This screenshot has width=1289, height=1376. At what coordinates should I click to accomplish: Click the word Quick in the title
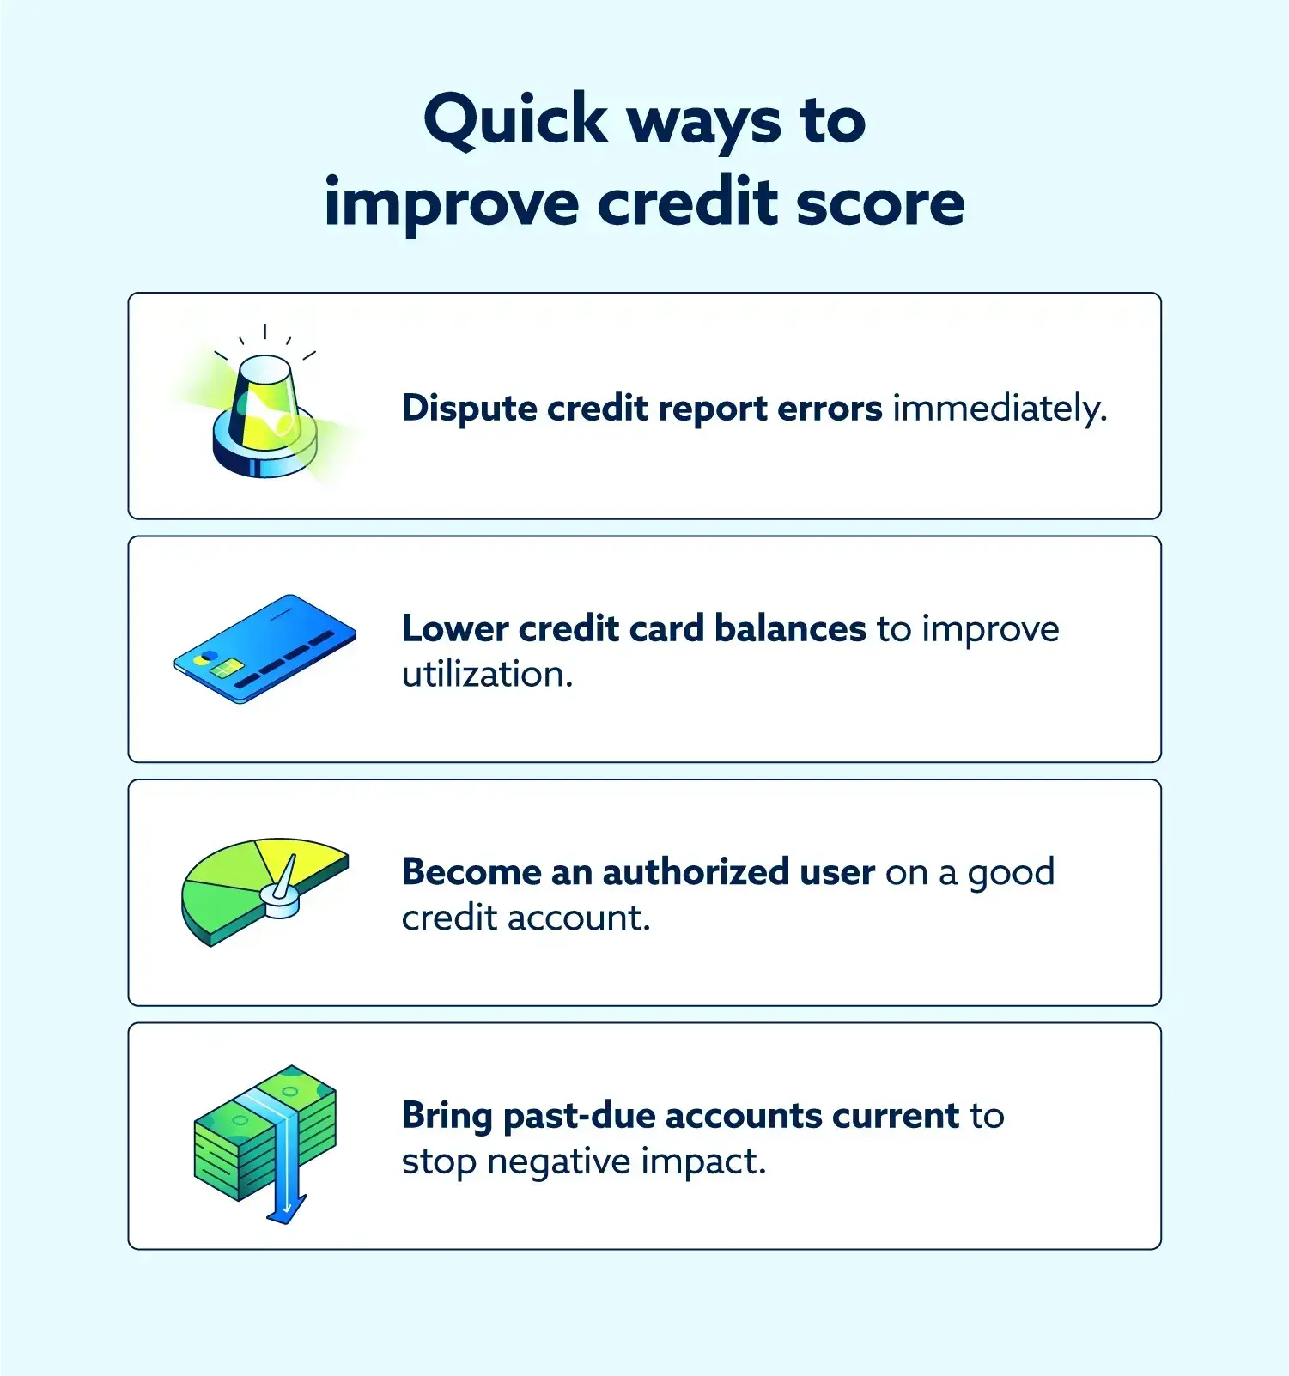[x=515, y=120]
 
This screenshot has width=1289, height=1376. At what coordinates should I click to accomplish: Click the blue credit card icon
[x=264, y=648]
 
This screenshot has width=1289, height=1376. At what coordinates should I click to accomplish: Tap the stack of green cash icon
[x=264, y=1133]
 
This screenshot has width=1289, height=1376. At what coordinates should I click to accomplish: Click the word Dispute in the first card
[x=470, y=409]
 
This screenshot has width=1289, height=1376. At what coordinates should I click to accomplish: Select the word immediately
[x=1000, y=409]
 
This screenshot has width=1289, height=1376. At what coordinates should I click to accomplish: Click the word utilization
[x=487, y=675]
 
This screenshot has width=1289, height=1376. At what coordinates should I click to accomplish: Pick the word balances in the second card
[x=790, y=629]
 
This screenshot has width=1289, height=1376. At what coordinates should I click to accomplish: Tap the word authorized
[x=696, y=872]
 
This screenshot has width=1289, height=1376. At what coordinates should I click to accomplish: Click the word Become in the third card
[x=471, y=872]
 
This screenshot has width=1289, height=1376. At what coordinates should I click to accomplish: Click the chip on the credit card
[x=226, y=668]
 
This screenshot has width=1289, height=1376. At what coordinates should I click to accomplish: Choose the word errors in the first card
[x=830, y=409]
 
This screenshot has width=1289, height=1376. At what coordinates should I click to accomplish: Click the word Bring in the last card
[x=447, y=1116]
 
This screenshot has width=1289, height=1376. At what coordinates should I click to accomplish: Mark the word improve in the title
[x=452, y=203]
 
